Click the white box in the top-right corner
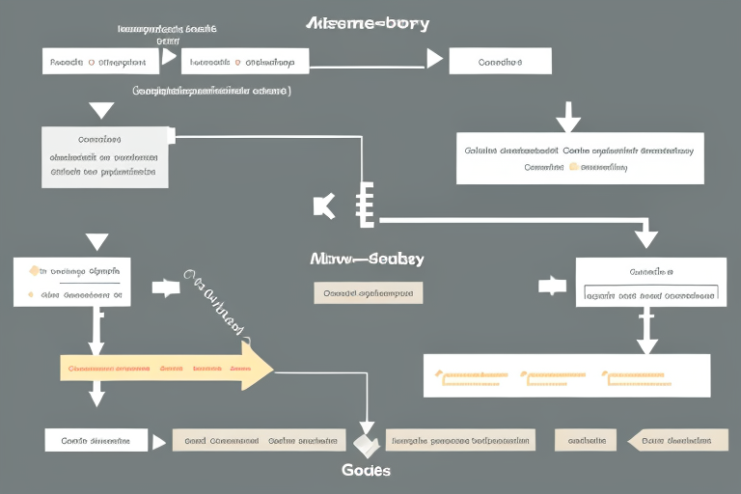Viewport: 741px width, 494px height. point(501,61)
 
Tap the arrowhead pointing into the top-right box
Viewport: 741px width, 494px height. point(434,60)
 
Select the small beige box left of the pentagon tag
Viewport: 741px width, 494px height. point(585,440)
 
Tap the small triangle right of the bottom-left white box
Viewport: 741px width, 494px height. point(159,441)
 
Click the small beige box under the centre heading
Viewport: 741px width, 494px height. point(368,291)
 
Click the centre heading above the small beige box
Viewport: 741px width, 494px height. point(367,260)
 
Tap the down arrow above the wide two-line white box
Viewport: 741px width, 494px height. point(568,121)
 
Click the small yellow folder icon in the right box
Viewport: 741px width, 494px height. point(575,166)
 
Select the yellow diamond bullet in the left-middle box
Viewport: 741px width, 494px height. point(34,271)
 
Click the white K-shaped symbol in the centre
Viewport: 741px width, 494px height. point(324,206)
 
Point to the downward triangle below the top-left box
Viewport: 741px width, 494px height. point(100,110)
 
